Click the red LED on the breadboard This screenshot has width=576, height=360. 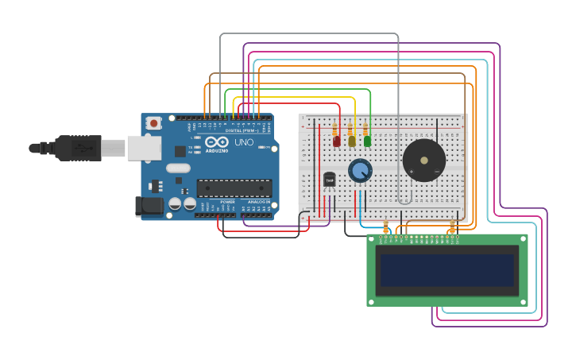point(337,141)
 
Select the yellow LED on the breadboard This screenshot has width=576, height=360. point(352,141)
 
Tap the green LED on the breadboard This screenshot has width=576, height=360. point(367,141)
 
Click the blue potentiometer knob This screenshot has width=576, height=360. point(360,170)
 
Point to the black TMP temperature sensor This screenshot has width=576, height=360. point(330,180)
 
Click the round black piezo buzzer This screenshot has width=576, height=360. point(423,161)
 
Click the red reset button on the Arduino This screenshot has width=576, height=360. point(153,123)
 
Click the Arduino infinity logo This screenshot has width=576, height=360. point(217,141)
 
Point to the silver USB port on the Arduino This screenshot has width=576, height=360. point(144,148)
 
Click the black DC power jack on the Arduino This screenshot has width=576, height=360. point(149,207)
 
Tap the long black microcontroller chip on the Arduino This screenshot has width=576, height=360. point(234,188)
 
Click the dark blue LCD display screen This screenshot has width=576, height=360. point(447,270)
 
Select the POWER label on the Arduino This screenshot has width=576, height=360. point(228,202)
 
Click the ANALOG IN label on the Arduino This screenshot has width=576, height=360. point(258,202)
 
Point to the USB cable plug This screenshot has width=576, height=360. point(79,148)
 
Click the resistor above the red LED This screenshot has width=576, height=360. point(335,128)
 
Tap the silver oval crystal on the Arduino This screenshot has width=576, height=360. point(179,168)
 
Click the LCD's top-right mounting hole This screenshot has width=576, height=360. point(523,238)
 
